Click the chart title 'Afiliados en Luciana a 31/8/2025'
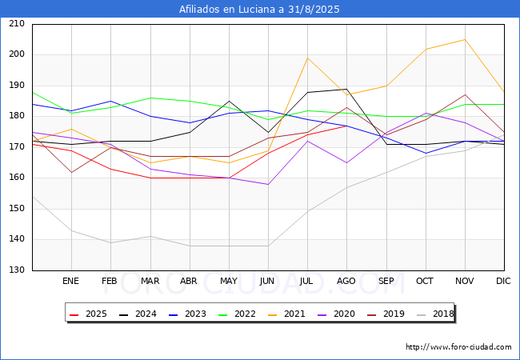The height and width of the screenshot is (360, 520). [x=259, y=10]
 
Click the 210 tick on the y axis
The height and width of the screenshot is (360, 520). [x=17, y=24]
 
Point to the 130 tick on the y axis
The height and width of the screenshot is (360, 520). [x=17, y=270]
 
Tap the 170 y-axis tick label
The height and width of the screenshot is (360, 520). [x=17, y=147]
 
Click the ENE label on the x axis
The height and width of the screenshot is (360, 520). [x=71, y=281]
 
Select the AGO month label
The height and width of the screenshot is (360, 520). [x=346, y=281]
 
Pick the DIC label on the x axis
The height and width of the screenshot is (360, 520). [x=503, y=281]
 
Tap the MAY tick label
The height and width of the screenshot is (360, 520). [x=228, y=281]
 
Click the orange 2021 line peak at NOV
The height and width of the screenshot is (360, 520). [x=464, y=39]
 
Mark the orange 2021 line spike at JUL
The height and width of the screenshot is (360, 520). [x=307, y=58]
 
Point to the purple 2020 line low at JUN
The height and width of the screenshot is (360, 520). [x=268, y=184]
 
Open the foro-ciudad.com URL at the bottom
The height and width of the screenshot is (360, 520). [x=458, y=347]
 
